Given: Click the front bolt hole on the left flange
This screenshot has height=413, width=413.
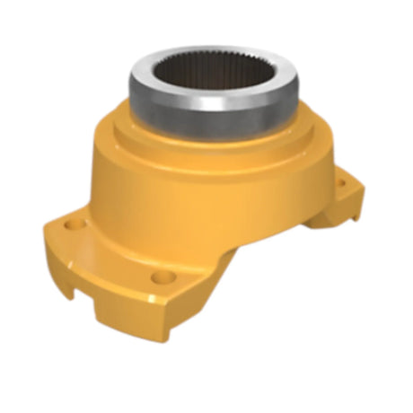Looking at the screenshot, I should point(160,275).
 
